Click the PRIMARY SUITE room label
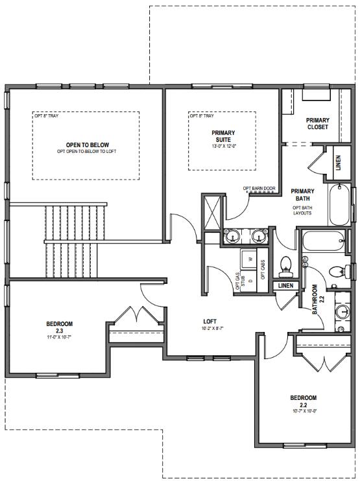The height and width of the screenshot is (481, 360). pyautogui.click(x=222, y=137)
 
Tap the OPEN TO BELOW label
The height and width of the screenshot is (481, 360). pyautogui.click(x=87, y=145)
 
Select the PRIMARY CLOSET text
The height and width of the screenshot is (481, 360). pyautogui.click(x=317, y=123)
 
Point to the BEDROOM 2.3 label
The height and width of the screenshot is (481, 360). pyautogui.click(x=59, y=327)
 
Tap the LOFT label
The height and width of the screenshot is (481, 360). pyautogui.click(x=210, y=320)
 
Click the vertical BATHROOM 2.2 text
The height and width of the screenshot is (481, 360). pyautogui.click(x=315, y=299)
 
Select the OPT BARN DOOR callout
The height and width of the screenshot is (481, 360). pyautogui.click(x=259, y=189)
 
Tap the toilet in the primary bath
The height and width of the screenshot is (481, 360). pyautogui.click(x=285, y=265)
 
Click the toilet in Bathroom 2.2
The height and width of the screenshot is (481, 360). pyautogui.click(x=334, y=272)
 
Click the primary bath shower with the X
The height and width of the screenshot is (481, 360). pyautogui.click(x=211, y=210)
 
